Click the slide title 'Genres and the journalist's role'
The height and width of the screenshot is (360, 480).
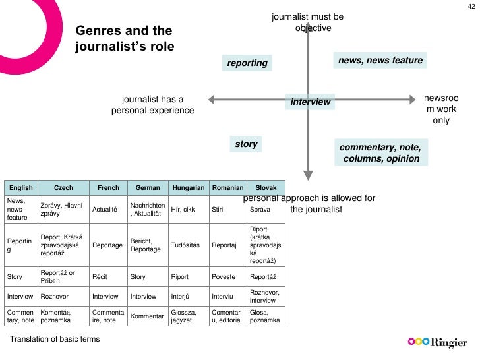tap(125, 39)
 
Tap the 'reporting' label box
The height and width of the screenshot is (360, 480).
tap(247, 63)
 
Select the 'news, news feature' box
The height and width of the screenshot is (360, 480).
tap(380, 61)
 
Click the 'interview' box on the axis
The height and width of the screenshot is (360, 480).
tap(311, 102)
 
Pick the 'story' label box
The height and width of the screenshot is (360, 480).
tap(246, 144)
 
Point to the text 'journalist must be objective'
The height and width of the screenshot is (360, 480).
tap(307, 22)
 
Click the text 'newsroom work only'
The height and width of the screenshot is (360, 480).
tap(440, 109)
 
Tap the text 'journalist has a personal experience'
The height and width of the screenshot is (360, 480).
tap(152, 105)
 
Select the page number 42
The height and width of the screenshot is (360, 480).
tap(470, 7)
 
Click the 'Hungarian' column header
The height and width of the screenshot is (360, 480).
tap(189, 188)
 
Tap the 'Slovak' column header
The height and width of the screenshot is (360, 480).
tap(266, 188)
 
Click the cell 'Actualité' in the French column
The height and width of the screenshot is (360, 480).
tap(104, 210)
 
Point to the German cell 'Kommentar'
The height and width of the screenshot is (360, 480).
tap(147, 316)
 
